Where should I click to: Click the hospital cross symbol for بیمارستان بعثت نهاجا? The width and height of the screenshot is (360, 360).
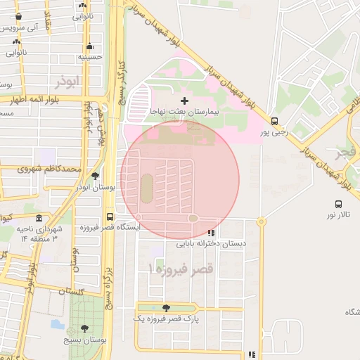[185, 101]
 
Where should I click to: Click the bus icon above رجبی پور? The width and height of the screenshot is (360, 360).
[274, 120]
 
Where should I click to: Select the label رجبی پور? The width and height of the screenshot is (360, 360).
[274, 131]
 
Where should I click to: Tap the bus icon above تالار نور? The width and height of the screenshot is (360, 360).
[339, 204]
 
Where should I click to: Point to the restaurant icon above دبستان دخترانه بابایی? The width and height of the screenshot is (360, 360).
[211, 233]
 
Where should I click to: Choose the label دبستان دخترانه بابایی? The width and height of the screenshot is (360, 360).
[211, 244]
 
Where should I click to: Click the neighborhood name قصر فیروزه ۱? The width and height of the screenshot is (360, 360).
[181, 269]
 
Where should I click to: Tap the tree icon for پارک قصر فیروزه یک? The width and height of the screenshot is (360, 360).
[166, 308]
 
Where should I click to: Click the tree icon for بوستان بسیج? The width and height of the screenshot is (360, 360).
[85, 328]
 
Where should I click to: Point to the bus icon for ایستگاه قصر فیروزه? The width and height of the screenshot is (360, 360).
[110, 217]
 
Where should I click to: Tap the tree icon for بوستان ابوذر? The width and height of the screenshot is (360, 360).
[95, 176]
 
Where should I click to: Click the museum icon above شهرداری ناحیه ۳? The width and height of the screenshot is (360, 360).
[38, 219]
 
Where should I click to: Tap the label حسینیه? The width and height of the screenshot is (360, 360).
[91, 57]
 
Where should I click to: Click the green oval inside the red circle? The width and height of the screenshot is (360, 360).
[146, 188]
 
